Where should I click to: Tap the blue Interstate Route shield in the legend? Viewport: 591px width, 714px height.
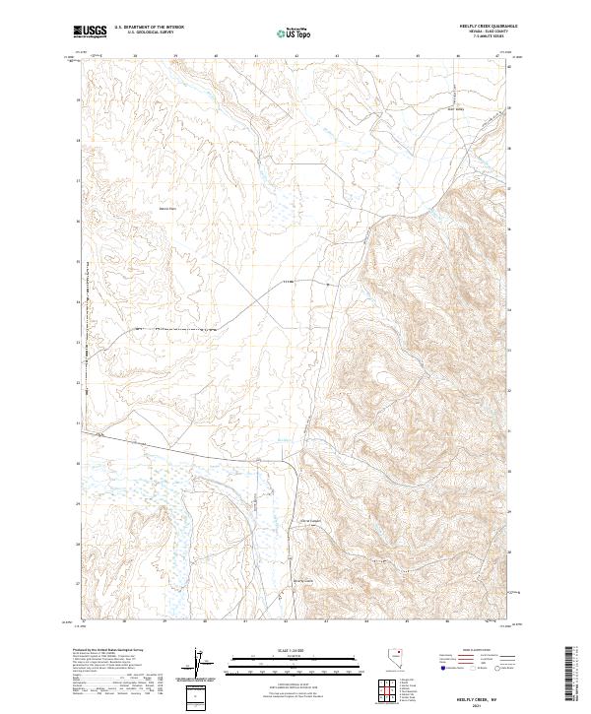pos(441,668)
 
